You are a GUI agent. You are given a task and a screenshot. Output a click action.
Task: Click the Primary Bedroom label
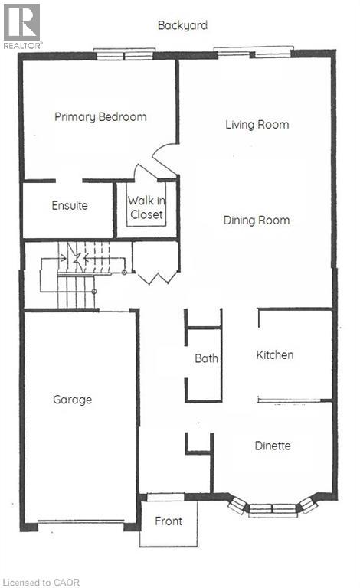[x=100, y=117]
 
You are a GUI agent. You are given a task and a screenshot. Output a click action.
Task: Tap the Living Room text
[x=257, y=124]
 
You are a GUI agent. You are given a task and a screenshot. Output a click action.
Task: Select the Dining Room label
[x=257, y=220]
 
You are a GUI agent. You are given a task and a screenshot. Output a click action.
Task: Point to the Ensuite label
[x=70, y=205]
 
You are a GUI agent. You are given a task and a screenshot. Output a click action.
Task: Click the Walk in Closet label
[x=146, y=207]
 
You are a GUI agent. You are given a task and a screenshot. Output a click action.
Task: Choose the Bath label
[x=206, y=358]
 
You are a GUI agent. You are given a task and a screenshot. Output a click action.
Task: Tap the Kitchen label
[x=275, y=355]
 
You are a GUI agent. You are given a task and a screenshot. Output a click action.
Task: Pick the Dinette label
[x=273, y=446]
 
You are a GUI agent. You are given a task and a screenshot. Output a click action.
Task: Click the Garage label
[x=72, y=400]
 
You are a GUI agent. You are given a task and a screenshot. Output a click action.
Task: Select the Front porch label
[x=169, y=521]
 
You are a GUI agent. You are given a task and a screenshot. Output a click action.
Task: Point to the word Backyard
[x=182, y=25]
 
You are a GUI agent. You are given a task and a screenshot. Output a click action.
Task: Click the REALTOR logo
[x=22, y=25]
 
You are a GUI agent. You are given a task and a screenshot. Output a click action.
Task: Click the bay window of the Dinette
[x=273, y=508]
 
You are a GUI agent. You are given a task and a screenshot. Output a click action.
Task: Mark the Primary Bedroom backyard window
[x=124, y=53]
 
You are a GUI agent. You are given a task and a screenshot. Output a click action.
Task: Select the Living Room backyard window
[x=254, y=53]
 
